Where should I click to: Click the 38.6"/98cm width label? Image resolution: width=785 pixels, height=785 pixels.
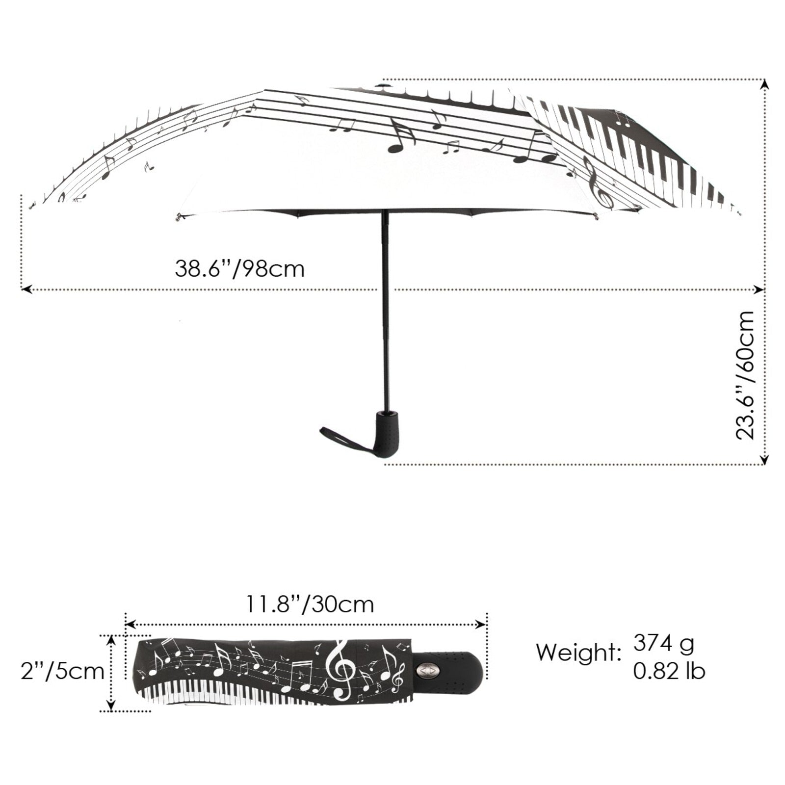239,269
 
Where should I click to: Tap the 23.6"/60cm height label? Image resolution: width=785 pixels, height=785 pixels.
745,375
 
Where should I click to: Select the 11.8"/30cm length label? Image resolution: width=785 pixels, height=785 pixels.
309,604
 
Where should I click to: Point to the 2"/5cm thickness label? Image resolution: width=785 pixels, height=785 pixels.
62,671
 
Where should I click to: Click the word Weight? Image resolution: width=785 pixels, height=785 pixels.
578,653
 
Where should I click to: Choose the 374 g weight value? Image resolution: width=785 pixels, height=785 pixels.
663,643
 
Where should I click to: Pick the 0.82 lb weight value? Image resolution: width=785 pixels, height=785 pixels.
669,671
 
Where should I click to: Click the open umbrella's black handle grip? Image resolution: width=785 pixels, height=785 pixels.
388,434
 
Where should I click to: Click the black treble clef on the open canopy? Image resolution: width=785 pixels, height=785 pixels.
600,184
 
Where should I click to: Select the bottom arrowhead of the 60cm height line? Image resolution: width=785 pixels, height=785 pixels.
764,460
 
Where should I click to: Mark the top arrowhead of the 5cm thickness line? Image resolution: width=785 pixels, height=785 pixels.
112,639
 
